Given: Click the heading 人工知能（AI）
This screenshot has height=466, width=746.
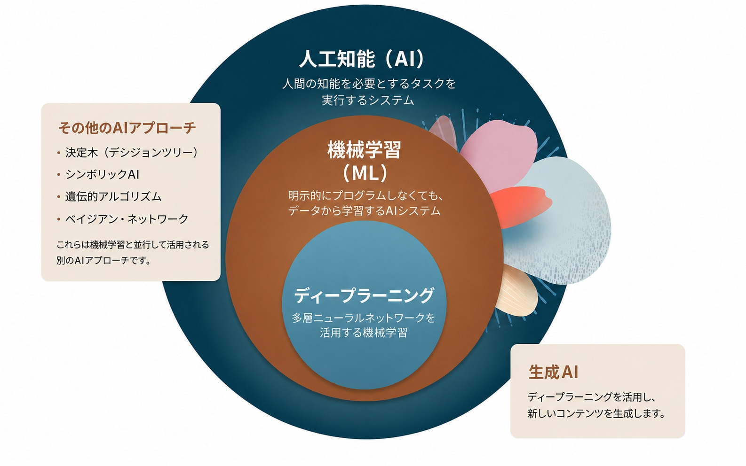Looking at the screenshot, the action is pyautogui.click(x=362, y=59).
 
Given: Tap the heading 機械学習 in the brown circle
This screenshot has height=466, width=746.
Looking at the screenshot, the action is pyautogui.click(x=364, y=150).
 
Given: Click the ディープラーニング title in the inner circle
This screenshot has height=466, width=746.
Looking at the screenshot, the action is pyautogui.click(x=364, y=295).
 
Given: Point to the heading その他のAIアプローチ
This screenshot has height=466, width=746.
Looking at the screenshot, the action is pyautogui.click(x=127, y=128).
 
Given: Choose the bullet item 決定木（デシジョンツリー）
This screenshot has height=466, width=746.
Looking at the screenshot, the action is pyautogui.click(x=132, y=152).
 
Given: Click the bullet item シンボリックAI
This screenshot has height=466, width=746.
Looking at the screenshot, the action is pyautogui.click(x=102, y=174).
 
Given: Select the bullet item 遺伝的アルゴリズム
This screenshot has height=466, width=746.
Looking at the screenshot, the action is pyautogui.click(x=113, y=196).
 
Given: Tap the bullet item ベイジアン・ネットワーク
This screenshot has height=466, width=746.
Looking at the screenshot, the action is pyautogui.click(x=127, y=219).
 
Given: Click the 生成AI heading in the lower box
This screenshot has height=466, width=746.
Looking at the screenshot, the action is pyautogui.click(x=553, y=372).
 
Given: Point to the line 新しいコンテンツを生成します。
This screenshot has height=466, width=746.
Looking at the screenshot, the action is pyautogui.click(x=596, y=413).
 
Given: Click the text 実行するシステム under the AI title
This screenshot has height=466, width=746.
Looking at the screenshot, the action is pyautogui.click(x=368, y=100).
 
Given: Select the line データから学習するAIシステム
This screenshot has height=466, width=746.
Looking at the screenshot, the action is pyautogui.click(x=364, y=210).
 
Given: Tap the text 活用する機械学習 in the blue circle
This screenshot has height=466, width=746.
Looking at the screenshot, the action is pyautogui.click(x=363, y=333).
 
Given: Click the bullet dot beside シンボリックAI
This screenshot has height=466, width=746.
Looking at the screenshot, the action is pyautogui.click(x=59, y=175).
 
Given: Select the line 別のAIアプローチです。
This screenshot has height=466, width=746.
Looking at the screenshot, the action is pyautogui.click(x=103, y=260).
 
